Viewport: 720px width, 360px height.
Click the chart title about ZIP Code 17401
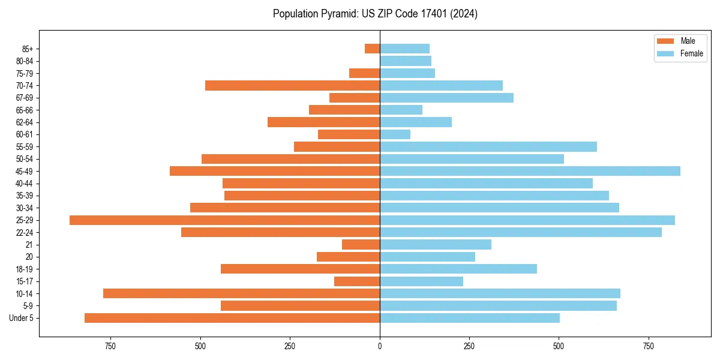coord(375,14)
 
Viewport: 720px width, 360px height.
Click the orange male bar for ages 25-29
coord(224,220)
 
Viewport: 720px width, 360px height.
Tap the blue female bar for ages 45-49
coord(530,171)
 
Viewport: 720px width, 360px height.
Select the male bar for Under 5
coord(232,318)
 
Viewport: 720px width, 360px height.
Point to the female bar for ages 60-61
coord(395,134)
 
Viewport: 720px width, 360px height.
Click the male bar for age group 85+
coord(372,49)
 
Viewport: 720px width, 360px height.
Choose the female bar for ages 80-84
coord(405,61)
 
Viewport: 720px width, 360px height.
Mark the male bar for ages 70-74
coord(292,85)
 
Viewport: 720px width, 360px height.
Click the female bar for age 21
coord(435,245)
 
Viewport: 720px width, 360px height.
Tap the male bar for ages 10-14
coord(241,293)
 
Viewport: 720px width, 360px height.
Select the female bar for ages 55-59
coord(488,146)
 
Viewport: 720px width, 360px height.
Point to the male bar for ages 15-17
coord(357,281)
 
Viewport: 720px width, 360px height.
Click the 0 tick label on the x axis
coord(379,346)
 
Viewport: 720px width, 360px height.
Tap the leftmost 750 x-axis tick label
coord(110,346)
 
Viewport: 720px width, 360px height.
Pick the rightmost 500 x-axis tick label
coord(559,346)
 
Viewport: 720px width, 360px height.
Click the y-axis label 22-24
coord(25,233)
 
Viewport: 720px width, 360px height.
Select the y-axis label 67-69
coord(25,98)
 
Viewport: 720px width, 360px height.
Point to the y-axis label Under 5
coord(22,318)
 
